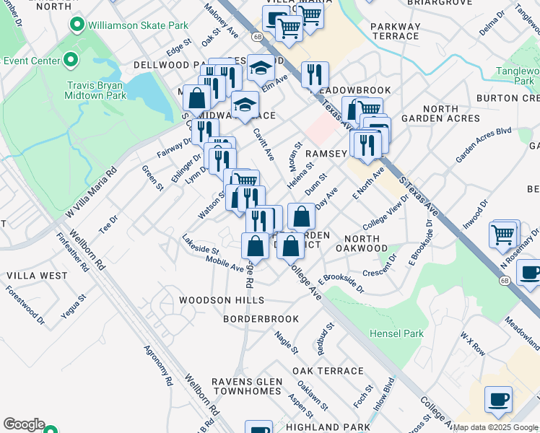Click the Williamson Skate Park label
137,25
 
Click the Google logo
24,424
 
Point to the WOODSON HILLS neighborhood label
222,300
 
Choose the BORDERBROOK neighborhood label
261,318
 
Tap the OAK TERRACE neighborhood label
328,371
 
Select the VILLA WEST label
37,276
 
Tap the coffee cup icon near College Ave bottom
497,400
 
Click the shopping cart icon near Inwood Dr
504,234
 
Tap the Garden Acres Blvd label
483,146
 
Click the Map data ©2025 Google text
496,427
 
